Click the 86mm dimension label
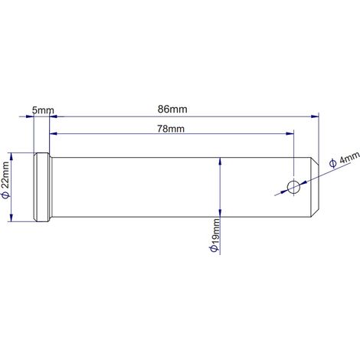(172, 110)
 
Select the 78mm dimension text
(171, 129)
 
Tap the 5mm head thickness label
(43, 110)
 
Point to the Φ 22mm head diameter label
(5, 180)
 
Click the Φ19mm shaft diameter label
(214, 235)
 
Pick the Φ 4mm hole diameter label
(345, 159)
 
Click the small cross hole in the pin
(293, 187)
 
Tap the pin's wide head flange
(41, 187)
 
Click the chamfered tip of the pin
(315, 187)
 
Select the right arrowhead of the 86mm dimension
(315, 116)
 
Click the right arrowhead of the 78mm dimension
(290, 133)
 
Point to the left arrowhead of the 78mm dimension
(54, 133)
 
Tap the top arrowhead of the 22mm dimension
(11, 157)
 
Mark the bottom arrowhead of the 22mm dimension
(11, 218)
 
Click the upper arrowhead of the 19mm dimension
(220, 162)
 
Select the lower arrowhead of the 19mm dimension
(220, 213)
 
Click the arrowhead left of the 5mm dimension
(30, 116)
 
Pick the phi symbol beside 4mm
(332, 163)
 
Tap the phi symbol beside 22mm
(5, 195)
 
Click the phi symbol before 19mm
(214, 249)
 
